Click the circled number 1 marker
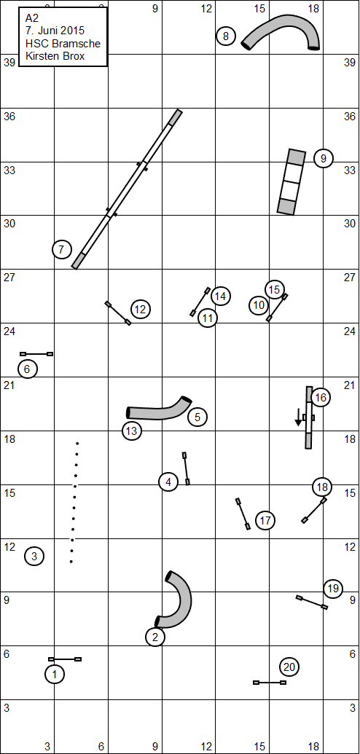pyautogui.click(x=55, y=674)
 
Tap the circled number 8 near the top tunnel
pyautogui.click(x=226, y=36)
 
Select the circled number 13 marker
pyautogui.click(x=131, y=431)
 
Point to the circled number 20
pyautogui.click(x=289, y=667)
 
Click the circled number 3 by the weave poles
pyautogui.click(x=34, y=557)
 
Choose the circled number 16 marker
pyautogui.click(x=321, y=397)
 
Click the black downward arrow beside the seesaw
pyautogui.click(x=298, y=417)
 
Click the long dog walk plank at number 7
pyautogui.click(x=127, y=189)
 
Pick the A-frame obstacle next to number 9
pyautogui.click(x=291, y=181)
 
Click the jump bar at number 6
pyautogui.click(x=36, y=354)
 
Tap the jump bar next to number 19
pyautogui.click(x=312, y=602)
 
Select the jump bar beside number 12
pyautogui.click(x=118, y=313)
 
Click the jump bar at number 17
pyautogui.click(x=243, y=514)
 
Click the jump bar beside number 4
pyautogui.click(x=186, y=468)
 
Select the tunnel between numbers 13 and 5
pyautogui.click(x=159, y=412)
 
